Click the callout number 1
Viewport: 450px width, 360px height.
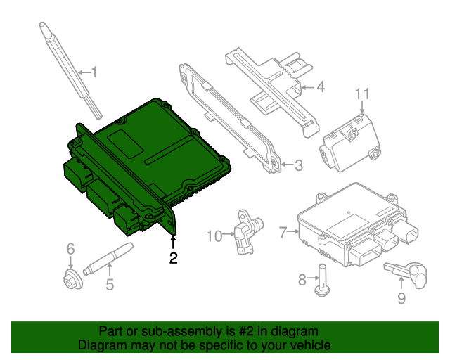(x=95, y=72)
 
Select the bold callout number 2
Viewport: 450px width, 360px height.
(x=173, y=258)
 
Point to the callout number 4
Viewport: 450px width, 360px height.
(x=320, y=88)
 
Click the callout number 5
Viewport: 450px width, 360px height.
(x=109, y=285)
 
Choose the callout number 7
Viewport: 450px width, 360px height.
(x=283, y=232)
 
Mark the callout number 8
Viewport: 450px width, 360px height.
(x=302, y=281)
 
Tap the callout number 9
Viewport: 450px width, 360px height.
(x=401, y=299)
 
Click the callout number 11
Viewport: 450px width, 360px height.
(x=361, y=94)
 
